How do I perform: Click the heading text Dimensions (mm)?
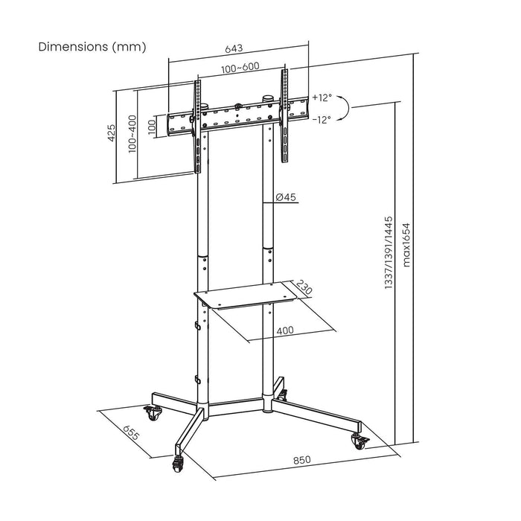coord(92,46)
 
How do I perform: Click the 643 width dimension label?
coord(234,49)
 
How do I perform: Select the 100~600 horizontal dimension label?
coord(240,68)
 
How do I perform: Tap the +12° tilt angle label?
coord(322,98)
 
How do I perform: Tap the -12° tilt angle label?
coord(322,119)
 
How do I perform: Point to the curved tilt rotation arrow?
coord(345,109)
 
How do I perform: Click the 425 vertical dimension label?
coord(111,133)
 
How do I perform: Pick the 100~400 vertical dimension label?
coord(132,133)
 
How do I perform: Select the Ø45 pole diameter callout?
coord(286,197)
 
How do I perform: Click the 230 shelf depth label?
coord(304,287)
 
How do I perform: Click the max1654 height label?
coord(406,246)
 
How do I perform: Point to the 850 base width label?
coord(301,460)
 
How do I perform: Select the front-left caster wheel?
coord(179,464)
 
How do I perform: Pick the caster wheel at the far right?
coord(358,441)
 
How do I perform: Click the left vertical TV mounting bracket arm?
coord(198,119)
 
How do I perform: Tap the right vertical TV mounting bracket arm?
coord(284,115)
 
